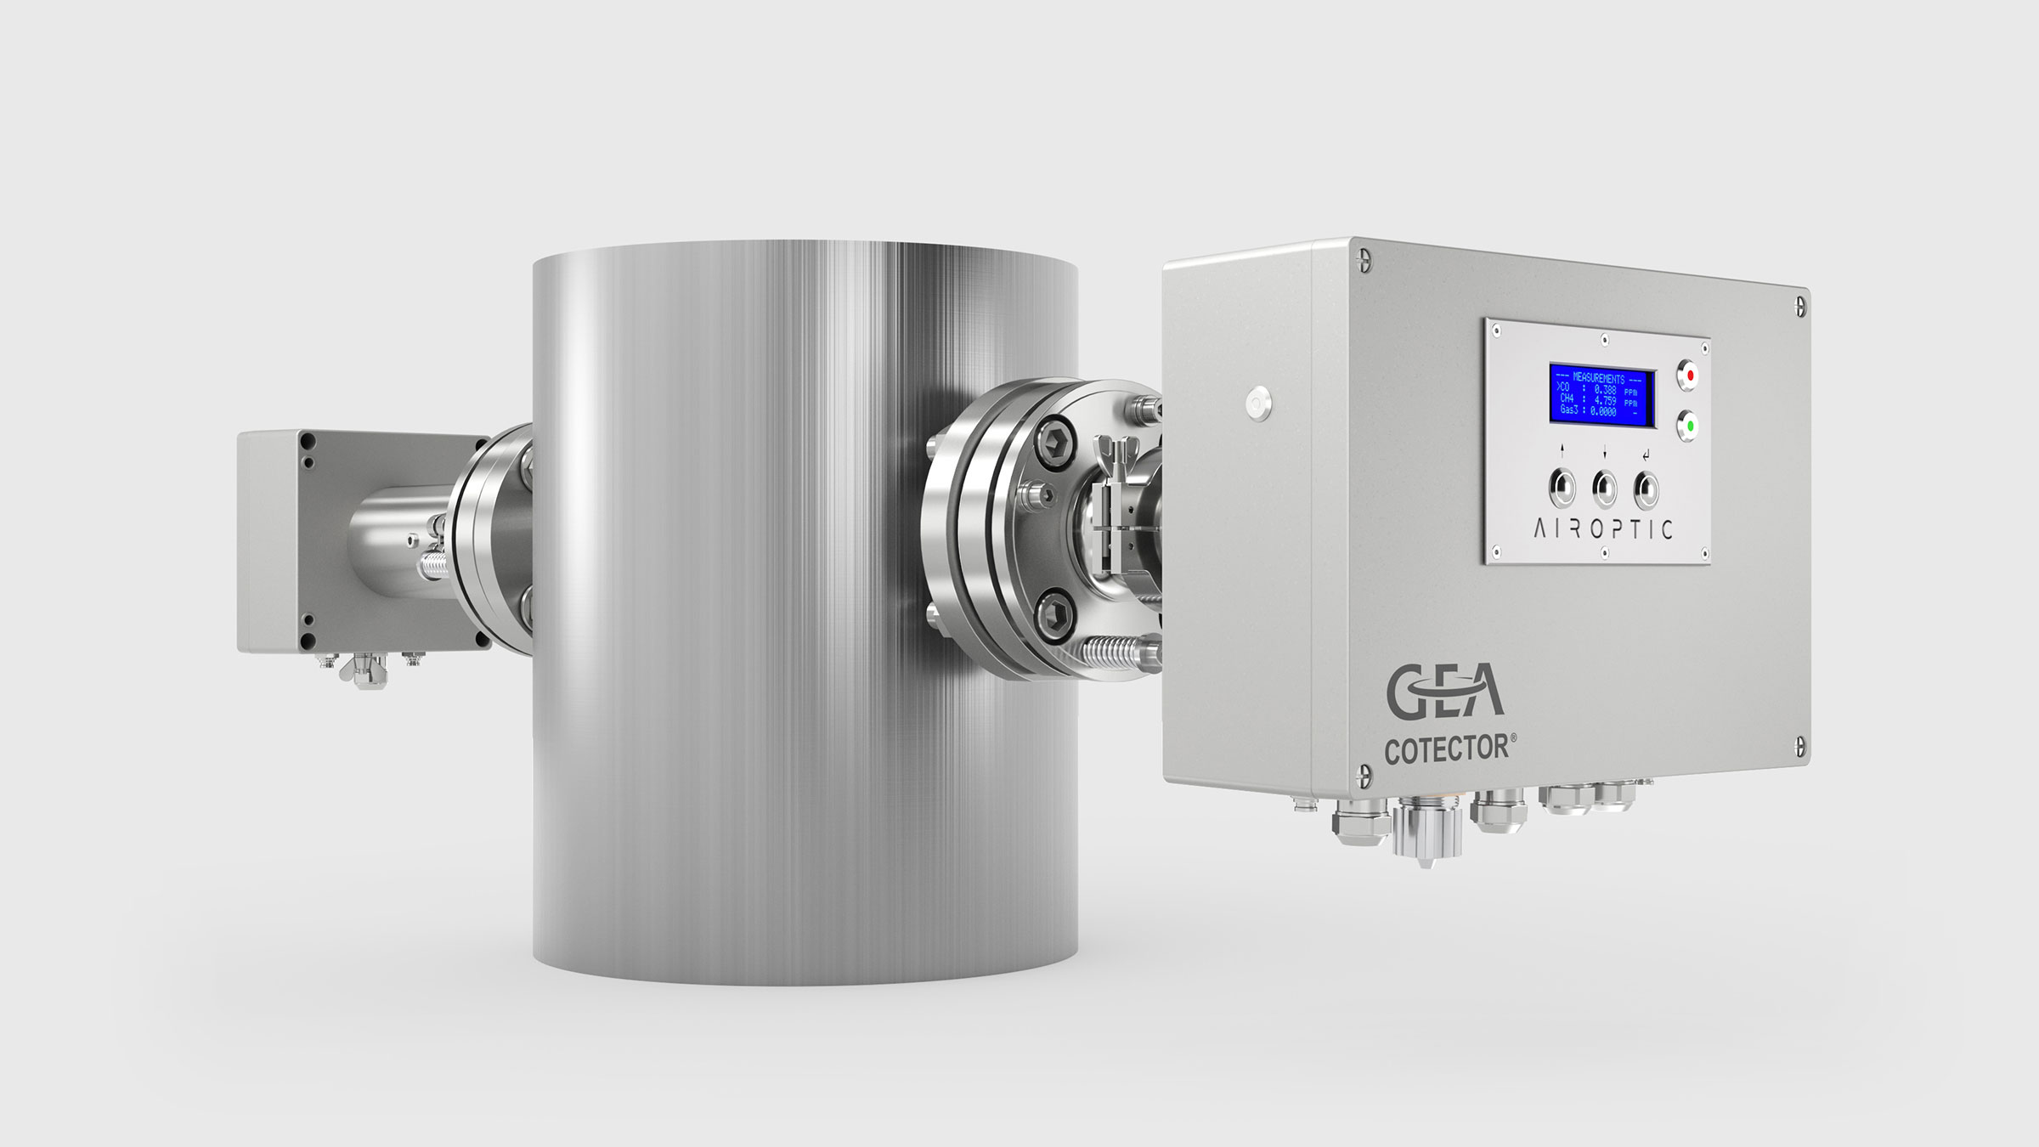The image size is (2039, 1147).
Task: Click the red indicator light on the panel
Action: pos(1688,375)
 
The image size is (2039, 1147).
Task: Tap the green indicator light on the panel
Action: pos(1689,426)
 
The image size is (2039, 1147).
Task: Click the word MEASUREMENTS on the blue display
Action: pos(1599,378)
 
